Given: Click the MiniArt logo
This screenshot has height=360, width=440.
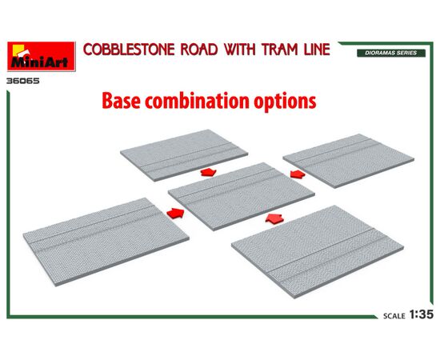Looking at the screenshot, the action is point(42,56).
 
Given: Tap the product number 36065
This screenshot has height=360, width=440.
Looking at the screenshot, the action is point(23,81).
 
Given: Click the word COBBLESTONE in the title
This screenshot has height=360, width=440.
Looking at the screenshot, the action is point(129,50).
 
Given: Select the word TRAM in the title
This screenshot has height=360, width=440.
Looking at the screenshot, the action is point(280,50).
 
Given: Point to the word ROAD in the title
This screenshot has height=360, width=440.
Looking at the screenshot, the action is point(199,50).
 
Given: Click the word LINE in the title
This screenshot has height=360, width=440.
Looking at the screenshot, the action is point(317,50).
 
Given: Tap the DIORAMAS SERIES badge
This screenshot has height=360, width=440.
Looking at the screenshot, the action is point(391,53).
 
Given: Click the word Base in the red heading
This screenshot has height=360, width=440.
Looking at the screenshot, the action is point(121,101).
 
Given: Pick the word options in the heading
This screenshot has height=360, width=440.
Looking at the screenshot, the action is point(285,102).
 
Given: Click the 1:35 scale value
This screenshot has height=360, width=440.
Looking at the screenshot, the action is point(421,314).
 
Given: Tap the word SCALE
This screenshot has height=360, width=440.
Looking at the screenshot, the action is point(394,316).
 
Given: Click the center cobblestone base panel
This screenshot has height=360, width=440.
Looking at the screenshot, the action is point(242,196).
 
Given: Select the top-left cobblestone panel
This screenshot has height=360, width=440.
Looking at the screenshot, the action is point(184,155).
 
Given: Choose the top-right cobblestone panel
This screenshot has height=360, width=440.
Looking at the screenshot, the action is point(349,161).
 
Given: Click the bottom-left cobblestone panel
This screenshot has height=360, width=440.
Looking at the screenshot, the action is point(106,242).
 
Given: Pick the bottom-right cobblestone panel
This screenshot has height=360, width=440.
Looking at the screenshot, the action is point(318,252).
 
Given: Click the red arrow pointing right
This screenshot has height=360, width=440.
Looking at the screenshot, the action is point(175,214).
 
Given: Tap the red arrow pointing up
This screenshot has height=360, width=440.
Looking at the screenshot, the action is point(274,218).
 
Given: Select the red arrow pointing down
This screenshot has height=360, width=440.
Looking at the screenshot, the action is point(208,172).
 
